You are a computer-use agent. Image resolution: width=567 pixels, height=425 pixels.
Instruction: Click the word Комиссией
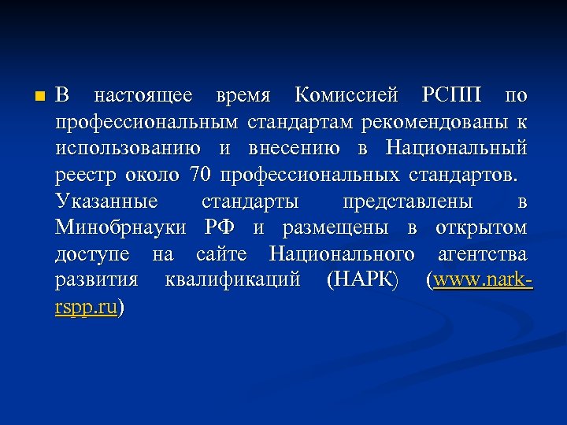[344, 97]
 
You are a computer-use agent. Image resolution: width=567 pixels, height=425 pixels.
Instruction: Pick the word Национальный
[456, 149]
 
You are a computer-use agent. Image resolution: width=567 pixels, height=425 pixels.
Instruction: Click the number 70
[204, 175]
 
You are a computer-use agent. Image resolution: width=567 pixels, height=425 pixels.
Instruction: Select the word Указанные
[107, 201]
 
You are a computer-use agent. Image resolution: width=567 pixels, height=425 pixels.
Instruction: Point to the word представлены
[408, 201]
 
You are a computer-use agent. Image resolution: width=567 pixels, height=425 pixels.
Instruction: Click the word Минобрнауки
[121, 228]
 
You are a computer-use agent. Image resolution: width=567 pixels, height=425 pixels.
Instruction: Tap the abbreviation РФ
[220, 228]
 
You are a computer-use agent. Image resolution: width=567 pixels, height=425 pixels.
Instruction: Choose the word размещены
[336, 228]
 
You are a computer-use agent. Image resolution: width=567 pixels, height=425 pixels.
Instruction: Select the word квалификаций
[233, 281]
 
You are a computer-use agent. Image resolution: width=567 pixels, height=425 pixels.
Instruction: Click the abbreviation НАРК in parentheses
[362, 280]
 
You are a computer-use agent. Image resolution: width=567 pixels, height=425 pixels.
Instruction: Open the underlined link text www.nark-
[483, 280]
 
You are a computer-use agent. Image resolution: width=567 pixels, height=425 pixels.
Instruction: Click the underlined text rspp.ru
[87, 307]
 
